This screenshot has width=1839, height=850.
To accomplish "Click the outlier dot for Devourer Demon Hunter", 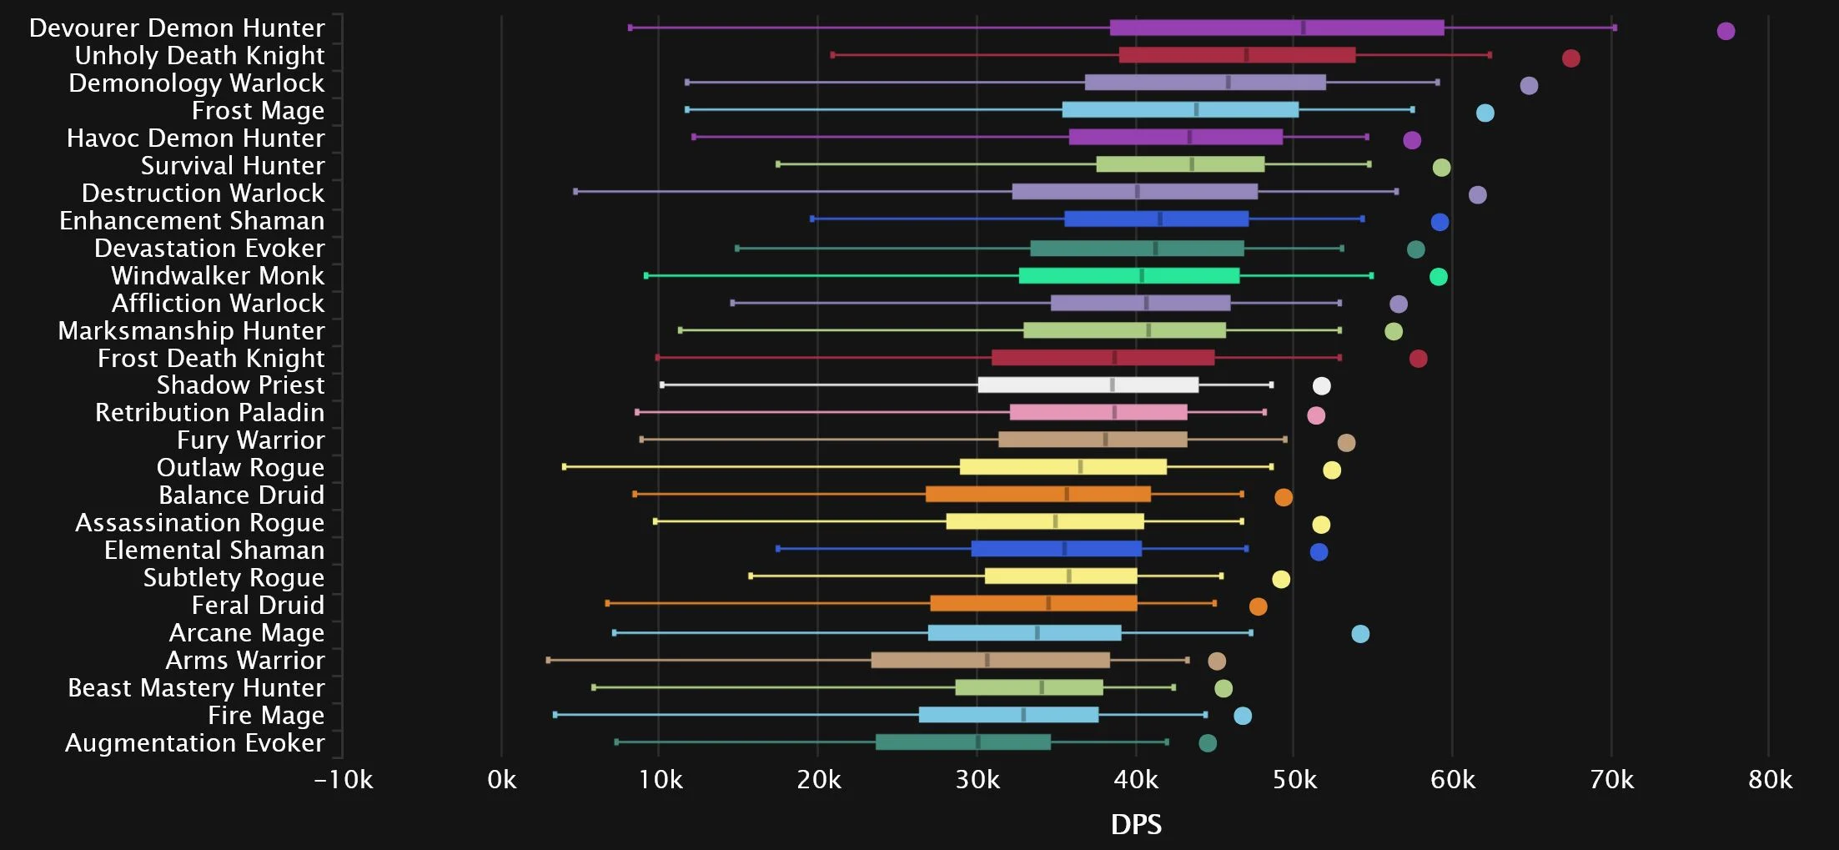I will coord(1726,31).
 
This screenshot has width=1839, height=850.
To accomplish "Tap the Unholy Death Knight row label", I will coord(199,56).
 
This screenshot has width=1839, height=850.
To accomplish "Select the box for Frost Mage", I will coord(1180,109).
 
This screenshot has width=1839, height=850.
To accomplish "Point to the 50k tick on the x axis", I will coord(1294,780).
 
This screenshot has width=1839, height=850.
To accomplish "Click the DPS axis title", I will coord(1136,824).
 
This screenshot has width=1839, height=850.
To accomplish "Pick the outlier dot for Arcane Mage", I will coord(1360,634).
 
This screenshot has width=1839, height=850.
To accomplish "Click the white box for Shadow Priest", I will coord(1088,385).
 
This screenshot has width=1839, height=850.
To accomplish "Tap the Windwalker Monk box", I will coord(1128,275).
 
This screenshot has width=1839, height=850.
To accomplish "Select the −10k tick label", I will coord(343,780).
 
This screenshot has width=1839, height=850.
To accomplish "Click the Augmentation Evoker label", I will coord(194,743).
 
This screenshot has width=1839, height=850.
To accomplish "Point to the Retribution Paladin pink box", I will coord(1098,412).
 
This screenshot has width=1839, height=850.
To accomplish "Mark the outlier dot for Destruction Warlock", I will coord(1477,195).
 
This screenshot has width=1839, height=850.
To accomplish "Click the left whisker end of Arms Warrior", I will coord(548,660).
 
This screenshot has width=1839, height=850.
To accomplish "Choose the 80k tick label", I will coord(1770,780).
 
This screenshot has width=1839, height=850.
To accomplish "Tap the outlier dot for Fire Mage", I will coord(1243,716).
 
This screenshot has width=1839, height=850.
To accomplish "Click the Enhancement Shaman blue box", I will coord(1156,219).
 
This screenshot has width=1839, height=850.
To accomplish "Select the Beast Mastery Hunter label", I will coord(196,688).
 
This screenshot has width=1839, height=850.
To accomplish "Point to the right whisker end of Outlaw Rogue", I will coord(1271,467).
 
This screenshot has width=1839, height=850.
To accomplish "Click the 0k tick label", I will coord(501,780).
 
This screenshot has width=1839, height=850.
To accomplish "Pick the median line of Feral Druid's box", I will coord(1048,603).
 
